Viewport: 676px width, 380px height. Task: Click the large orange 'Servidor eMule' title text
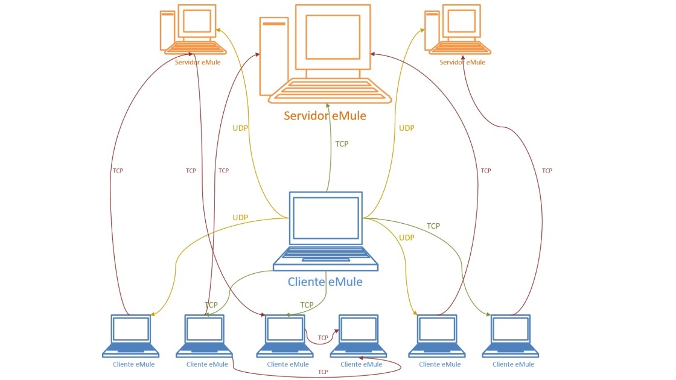click(325, 115)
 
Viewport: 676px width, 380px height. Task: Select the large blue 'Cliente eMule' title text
click(325, 282)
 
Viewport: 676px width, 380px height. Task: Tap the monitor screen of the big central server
click(333, 37)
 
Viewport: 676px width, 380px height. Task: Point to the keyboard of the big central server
click(330, 91)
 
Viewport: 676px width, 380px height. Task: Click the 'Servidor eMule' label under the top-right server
click(462, 62)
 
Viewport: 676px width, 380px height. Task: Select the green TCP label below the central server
click(342, 144)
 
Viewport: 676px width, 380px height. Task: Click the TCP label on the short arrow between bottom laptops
click(323, 338)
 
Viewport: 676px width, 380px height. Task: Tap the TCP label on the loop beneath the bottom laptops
click(323, 372)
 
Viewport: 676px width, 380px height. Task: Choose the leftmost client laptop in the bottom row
click(131, 335)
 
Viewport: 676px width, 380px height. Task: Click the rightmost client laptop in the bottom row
click(510, 335)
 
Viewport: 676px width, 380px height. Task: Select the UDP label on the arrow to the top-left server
click(240, 128)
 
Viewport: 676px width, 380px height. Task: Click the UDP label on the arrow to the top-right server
click(407, 128)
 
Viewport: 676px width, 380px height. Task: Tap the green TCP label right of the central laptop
click(433, 226)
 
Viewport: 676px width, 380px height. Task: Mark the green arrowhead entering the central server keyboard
click(328, 105)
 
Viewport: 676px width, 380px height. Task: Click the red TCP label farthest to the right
click(547, 171)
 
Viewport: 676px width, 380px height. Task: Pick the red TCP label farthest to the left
click(118, 171)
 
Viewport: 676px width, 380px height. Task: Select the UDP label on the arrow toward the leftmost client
click(240, 217)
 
